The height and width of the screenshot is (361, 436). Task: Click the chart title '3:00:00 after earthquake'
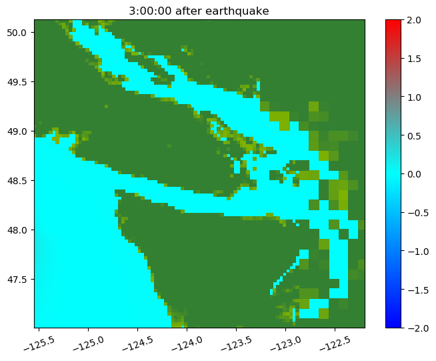point(199,11)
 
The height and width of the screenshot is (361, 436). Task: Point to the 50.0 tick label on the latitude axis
point(17,33)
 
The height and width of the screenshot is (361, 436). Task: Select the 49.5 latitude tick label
point(17,82)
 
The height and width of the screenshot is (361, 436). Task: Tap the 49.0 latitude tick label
point(17,131)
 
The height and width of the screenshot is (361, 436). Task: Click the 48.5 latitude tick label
point(17,181)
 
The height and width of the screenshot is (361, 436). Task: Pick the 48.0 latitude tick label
point(17,230)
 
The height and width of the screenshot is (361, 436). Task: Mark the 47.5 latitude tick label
point(17,279)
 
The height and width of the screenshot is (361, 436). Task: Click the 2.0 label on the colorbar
point(414,20)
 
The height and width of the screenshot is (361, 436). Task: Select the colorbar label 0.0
point(414,174)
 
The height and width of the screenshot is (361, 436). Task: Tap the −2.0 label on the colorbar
point(417,328)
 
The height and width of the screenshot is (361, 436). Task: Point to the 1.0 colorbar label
point(414,97)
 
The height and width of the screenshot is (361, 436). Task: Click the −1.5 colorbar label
point(417,290)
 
